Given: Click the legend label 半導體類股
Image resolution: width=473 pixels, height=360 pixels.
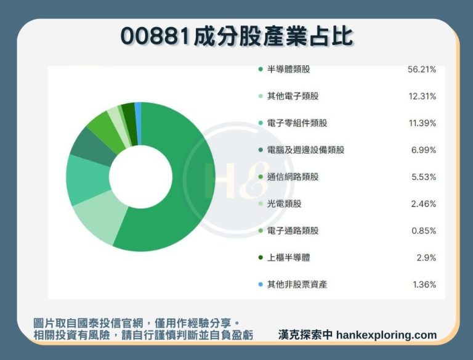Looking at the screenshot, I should [x=289, y=70].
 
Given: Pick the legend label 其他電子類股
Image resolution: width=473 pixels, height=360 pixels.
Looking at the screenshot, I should [x=293, y=96].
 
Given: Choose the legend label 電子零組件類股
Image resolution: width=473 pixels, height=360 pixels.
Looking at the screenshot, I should [x=297, y=123].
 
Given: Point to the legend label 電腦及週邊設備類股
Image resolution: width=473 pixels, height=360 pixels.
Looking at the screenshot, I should [x=306, y=150].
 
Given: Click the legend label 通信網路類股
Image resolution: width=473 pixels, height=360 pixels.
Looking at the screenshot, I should [x=293, y=177].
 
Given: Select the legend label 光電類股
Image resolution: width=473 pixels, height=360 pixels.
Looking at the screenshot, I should [x=285, y=203].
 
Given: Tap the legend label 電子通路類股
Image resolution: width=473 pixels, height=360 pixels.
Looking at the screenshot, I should [x=293, y=231].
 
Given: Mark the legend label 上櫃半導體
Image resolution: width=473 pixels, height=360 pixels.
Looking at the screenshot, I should [x=289, y=258].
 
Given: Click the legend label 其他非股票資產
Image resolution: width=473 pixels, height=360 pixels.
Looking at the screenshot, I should [x=297, y=284].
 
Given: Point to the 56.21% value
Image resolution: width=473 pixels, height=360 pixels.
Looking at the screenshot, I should [x=422, y=70].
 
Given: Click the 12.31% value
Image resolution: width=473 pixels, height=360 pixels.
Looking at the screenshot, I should [x=422, y=96].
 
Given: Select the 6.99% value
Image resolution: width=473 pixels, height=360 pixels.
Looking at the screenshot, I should [x=424, y=150].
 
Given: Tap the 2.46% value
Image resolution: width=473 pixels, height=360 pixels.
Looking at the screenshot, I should [x=424, y=203].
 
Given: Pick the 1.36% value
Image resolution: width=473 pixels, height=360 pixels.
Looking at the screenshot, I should [x=424, y=284].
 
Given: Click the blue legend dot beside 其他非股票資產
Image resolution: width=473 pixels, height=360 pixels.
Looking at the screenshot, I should [x=261, y=284].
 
